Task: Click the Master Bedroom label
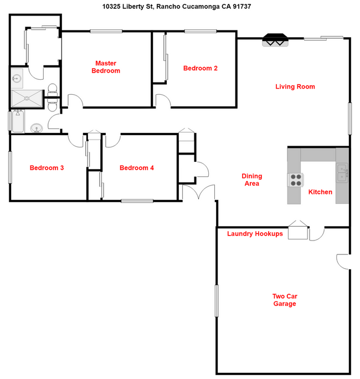(106, 67)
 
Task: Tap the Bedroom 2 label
(200, 68)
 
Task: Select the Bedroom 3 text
(47, 168)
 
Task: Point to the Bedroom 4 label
(137, 168)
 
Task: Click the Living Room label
(295, 86)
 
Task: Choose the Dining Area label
(251, 180)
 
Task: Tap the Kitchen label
(320, 192)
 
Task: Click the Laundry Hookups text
(255, 234)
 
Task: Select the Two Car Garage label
(284, 300)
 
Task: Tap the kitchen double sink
(342, 173)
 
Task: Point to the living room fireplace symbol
(275, 40)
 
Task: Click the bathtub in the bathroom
(16, 121)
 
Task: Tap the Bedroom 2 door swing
(163, 100)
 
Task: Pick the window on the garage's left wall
(216, 300)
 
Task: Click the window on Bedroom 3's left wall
(10, 167)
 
